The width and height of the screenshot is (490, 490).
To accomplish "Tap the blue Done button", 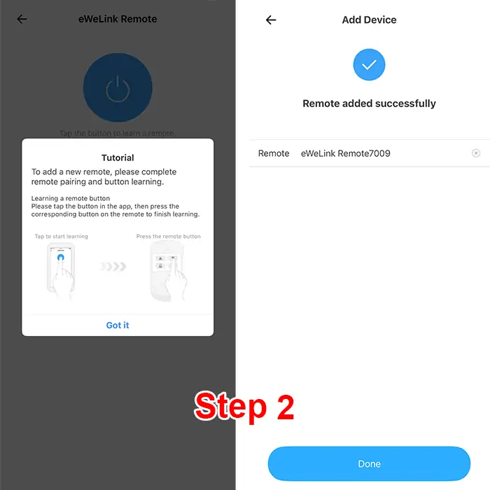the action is click(369, 463).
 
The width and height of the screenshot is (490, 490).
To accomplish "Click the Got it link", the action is click(118, 325).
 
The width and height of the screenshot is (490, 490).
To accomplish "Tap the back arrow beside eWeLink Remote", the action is click(22, 19).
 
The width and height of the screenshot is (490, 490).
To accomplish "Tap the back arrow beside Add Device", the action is click(271, 20).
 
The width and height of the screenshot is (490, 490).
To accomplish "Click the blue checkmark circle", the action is click(369, 64).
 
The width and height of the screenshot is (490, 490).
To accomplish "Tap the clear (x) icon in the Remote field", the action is click(476, 153).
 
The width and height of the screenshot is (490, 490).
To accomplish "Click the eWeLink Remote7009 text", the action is click(345, 153).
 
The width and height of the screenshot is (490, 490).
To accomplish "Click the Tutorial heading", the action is click(118, 157).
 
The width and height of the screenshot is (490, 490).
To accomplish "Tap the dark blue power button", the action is click(118, 87).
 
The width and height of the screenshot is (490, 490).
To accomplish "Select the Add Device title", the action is click(369, 20).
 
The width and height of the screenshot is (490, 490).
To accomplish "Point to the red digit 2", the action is click(286, 407).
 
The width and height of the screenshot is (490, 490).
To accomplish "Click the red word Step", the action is click(230, 406).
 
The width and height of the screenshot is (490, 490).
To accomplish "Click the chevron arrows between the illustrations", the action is click(113, 266).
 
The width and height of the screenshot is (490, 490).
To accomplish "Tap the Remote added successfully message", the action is click(369, 104).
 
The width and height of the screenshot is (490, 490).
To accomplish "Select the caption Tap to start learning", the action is click(62, 237).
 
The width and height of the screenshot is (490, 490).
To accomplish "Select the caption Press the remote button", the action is click(169, 237).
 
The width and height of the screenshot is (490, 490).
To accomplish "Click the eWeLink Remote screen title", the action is click(118, 19).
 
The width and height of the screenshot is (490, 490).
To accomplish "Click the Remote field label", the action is click(274, 153).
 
